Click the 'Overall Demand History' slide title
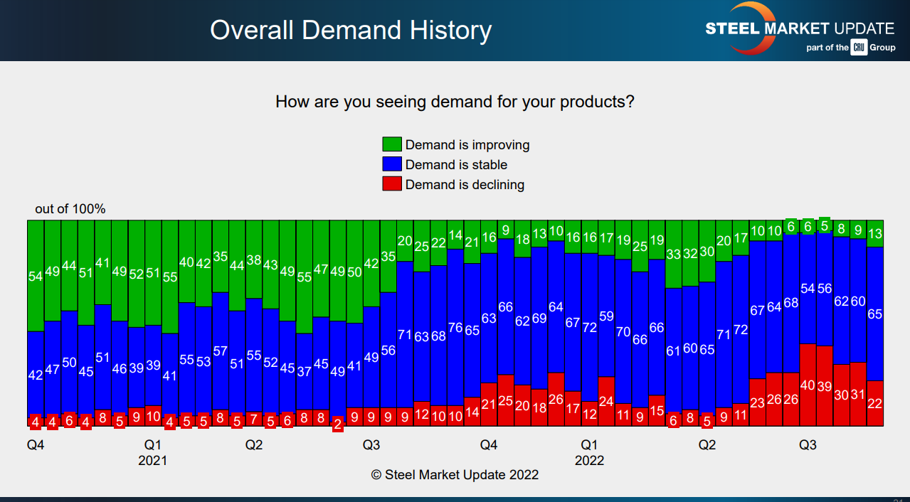coord(351,31)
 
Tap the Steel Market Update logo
coord(799,29)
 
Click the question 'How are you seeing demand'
coord(455,102)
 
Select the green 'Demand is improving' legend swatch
coord(392,144)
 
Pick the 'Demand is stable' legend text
coord(456,164)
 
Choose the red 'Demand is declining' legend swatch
coord(392,184)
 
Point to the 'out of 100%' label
coord(70,208)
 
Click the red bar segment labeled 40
coord(808,385)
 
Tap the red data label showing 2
coord(337,424)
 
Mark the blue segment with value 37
coord(304,371)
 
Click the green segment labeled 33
coord(673,254)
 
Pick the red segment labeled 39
coord(824,386)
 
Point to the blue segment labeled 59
coord(606,316)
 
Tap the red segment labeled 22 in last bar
coord(875,403)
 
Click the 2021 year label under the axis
coord(152,460)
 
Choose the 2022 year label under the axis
coord(589,460)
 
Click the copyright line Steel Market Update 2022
coord(455,474)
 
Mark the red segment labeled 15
coord(657,410)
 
